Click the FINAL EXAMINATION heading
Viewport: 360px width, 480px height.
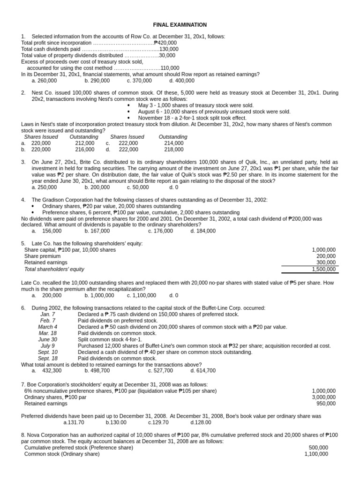(180, 24)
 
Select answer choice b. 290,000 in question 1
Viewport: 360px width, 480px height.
(97, 81)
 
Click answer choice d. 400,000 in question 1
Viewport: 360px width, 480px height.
(181, 81)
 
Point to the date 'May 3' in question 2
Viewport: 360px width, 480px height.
(146, 105)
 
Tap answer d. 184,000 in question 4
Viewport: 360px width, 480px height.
(203, 231)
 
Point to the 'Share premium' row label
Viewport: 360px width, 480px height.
(42, 256)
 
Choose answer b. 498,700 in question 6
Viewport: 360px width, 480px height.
(97, 370)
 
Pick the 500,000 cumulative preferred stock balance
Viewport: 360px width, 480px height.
(318, 448)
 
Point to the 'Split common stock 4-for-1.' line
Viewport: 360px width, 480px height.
(110, 339)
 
